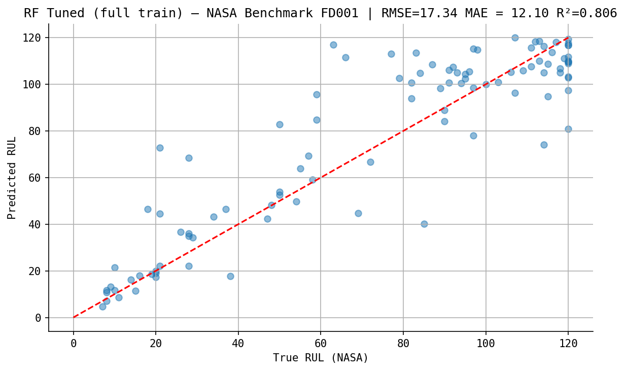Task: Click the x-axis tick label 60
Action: pos(321,344)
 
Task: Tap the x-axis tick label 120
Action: pos(568,344)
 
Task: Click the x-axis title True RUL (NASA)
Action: pos(321,358)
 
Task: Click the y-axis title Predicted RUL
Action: pos(12,178)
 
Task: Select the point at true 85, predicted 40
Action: pos(424,224)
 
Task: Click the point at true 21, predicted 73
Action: pos(160,148)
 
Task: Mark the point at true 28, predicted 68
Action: pos(189,158)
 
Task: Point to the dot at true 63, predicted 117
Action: pos(333,45)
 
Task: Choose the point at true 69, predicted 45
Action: pos(358,213)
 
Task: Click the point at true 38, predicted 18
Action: pos(230,276)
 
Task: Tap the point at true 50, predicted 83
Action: pos(280,124)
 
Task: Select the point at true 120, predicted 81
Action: pos(568,129)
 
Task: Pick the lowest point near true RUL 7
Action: pos(102,307)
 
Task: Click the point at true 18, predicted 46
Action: pos(148,209)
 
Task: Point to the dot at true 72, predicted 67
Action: pos(370,162)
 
